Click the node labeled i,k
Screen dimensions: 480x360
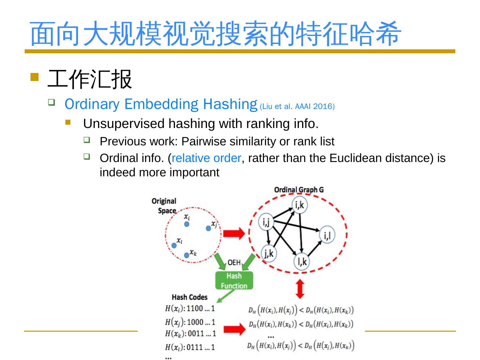click(299, 205)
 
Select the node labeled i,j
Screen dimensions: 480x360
click(266, 222)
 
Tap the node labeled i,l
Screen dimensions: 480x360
click(327, 235)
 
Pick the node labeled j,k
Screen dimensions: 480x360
click(269, 254)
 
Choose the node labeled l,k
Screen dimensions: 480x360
click(302, 261)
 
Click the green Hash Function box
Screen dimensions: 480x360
click(234, 281)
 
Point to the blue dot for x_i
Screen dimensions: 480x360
click(187, 224)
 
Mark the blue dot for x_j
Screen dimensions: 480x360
click(208, 228)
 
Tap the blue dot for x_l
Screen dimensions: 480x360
click(174, 246)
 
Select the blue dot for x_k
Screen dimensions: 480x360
click(187, 256)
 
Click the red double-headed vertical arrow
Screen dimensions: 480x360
click(300, 289)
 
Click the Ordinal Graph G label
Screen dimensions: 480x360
click(299, 190)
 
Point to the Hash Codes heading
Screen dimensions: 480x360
click(189, 297)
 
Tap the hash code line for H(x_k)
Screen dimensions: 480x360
click(190, 333)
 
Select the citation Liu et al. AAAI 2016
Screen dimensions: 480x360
click(297, 107)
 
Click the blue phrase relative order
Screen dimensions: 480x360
click(206, 158)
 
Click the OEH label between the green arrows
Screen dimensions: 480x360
click(234, 263)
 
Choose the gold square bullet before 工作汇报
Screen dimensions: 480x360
click(34, 77)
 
